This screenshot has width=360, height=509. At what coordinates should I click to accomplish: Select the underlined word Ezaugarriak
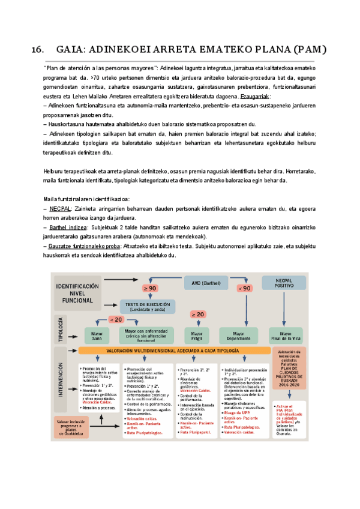[254, 97]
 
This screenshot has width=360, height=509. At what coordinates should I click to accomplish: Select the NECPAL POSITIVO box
[283, 283]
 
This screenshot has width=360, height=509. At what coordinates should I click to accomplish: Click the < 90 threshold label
[245, 288]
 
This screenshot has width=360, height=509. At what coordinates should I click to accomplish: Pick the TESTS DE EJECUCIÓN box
[147, 306]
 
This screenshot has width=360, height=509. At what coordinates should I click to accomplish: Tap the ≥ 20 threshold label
[198, 314]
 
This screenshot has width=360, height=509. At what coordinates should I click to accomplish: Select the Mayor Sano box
[96, 335]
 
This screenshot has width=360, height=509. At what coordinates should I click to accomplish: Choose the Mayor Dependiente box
[239, 335]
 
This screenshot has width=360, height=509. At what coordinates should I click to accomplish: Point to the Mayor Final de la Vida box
[286, 335]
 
